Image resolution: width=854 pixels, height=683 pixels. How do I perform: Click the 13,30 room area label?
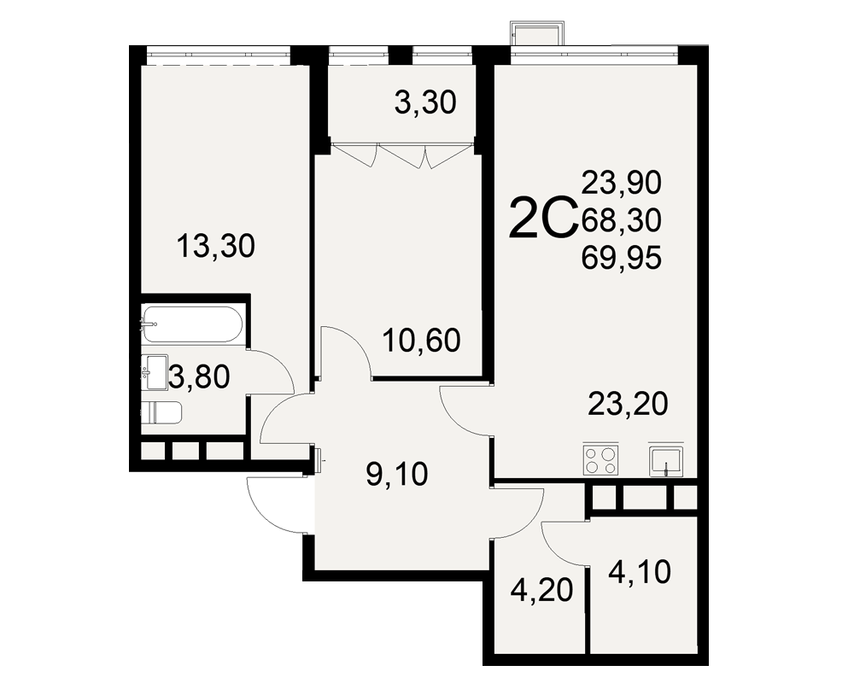(x=216, y=246)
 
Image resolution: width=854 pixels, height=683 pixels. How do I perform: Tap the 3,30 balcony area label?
(x=424, y=103)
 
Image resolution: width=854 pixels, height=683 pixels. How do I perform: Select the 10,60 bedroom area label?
(x=422, y=341)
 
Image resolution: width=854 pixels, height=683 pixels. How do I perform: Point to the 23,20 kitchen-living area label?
(x=628, y=404)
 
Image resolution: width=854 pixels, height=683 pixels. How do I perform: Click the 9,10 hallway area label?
(x=397, y=475)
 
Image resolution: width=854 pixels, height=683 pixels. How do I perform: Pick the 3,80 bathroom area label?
(x=199, y=377)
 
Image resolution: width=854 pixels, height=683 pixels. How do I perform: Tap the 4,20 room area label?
(x=542, y=590)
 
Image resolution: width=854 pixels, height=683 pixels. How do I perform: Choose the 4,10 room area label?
(x=640, y=572)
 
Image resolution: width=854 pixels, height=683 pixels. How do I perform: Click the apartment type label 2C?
(x=542, y=218)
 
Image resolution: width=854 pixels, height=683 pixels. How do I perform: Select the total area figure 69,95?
(x=622, y=258)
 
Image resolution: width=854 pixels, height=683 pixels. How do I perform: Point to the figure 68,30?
(x=622, y=220)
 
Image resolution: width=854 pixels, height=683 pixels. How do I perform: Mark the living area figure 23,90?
(x=622, y=183)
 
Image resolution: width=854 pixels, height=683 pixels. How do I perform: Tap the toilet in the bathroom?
(x=161, y=412)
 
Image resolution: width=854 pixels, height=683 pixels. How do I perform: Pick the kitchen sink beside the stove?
(x=665, y=461)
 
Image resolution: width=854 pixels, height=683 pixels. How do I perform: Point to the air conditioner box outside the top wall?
(x=537, y=34)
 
